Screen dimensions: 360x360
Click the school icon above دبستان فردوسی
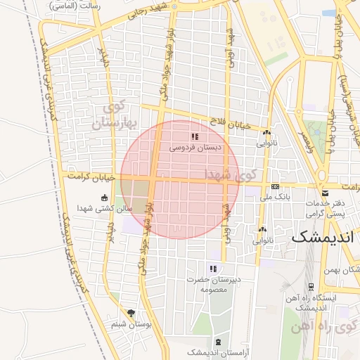point(195,136)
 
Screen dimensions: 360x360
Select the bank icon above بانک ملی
point(275,186)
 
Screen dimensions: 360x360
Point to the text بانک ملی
point(276,198)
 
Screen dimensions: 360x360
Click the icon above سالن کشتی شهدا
point(105,198)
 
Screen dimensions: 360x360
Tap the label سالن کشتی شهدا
point(105,208)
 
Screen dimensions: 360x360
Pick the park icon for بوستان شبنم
point(131,313)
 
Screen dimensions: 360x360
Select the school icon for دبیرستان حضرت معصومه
point(213,269)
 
